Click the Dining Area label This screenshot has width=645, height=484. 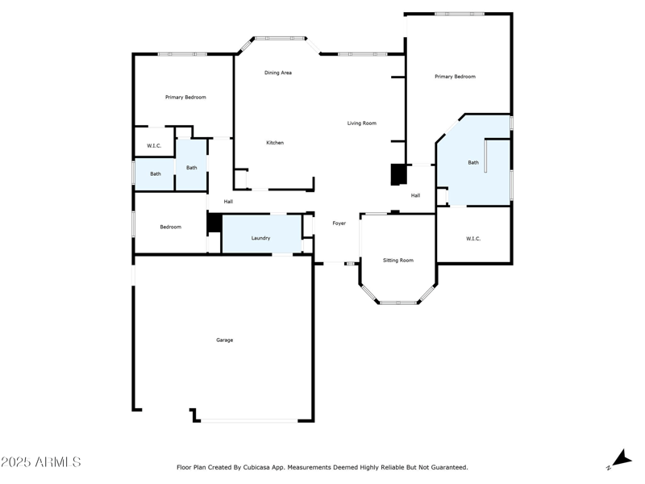point(278,73)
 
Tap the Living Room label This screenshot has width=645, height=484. point(362,123)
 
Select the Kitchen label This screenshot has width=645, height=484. point(275,143)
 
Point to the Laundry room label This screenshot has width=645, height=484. point(260,238)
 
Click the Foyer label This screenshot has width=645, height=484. point(339,223)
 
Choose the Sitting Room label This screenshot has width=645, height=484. point(397,261)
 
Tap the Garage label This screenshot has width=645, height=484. point(224,340)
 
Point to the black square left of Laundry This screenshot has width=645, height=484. point(214,223)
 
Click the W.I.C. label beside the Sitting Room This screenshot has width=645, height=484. point(473,239)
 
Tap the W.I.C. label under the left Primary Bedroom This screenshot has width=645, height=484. point(154,146)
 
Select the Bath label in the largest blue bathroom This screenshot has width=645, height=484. point(473,163)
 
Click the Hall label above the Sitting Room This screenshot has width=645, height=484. point(415,195)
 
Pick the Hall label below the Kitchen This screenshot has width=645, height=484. point(228,202)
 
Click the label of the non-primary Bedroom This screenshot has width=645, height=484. point(170,227)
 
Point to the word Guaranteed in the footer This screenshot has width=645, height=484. point(448,467)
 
